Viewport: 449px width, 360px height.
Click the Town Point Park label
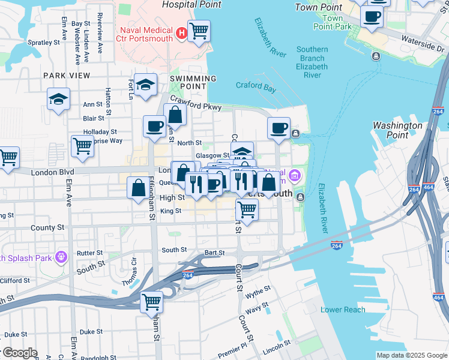tap(332, 23)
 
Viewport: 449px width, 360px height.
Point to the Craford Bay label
tap(256, 85)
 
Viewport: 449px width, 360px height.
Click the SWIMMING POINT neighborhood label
tap(193, 82)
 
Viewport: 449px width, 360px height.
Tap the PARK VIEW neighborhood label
tap(67, 76)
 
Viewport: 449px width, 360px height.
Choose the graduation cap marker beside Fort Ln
tap(145, 85)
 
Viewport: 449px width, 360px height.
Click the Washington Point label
tap(397, 130)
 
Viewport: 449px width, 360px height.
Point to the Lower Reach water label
tap(343, 310)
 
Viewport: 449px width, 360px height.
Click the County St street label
tap(47, 228)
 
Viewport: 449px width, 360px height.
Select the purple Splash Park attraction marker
tap(61, 258)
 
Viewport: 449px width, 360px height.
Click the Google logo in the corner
tap(19, 353)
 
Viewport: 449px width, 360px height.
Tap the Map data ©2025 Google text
tap(412, 355)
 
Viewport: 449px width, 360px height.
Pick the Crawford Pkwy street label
tap(196, 103)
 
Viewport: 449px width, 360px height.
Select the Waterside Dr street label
tap(427, 46)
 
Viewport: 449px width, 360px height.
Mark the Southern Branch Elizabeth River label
tap(312, 62)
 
